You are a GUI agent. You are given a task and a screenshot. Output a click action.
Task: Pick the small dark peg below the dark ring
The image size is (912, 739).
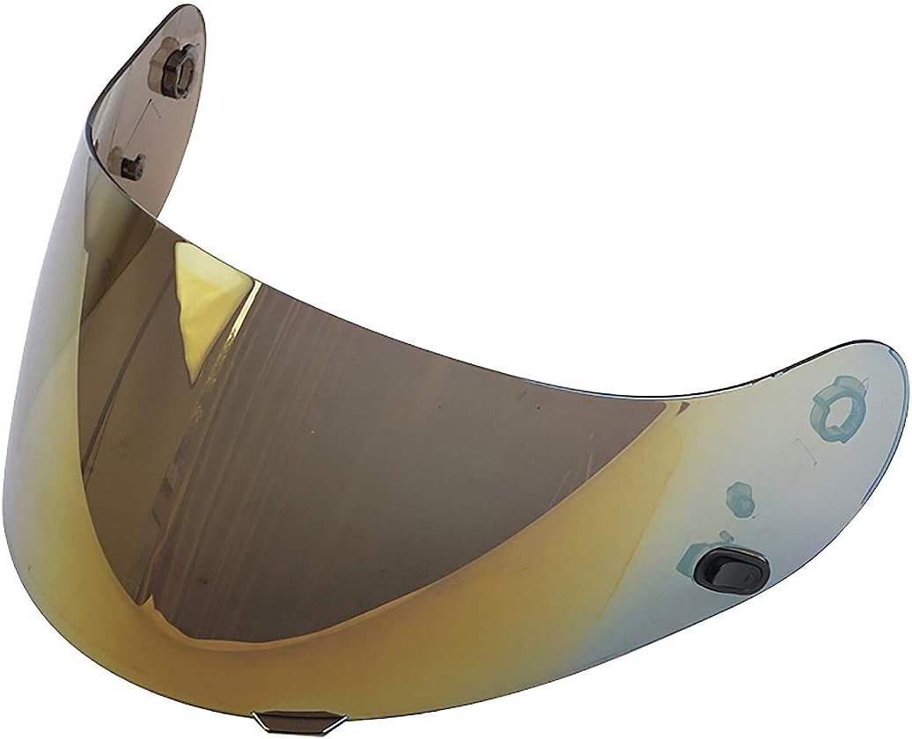point(132,162)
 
